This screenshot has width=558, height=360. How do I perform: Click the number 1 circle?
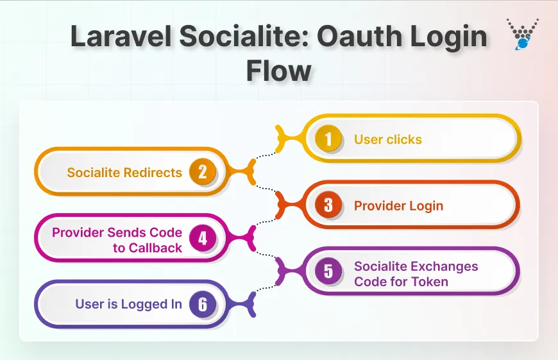[x=328, y=139]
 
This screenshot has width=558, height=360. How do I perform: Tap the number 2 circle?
[x=203, y=172]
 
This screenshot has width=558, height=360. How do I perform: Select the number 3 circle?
[x=328, y=205]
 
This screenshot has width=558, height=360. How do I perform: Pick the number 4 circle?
[x=203, y=239]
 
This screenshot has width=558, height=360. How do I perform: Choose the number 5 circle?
[x=328, y=271]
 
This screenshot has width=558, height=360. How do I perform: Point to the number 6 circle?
[x=203, y=305]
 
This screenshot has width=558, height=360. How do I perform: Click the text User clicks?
[x=387, y=139]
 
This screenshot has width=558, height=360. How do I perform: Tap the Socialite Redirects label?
[x=124, y=172]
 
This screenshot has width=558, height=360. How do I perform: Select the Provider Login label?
[x=398, y=206]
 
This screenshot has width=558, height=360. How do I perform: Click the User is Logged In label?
[x=128, y=304]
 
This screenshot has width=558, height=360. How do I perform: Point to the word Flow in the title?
[x=278, y=69]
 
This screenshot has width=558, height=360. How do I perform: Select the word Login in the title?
[x=444, y=37]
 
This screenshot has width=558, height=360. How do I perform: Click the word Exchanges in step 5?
[x=444, y=266]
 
